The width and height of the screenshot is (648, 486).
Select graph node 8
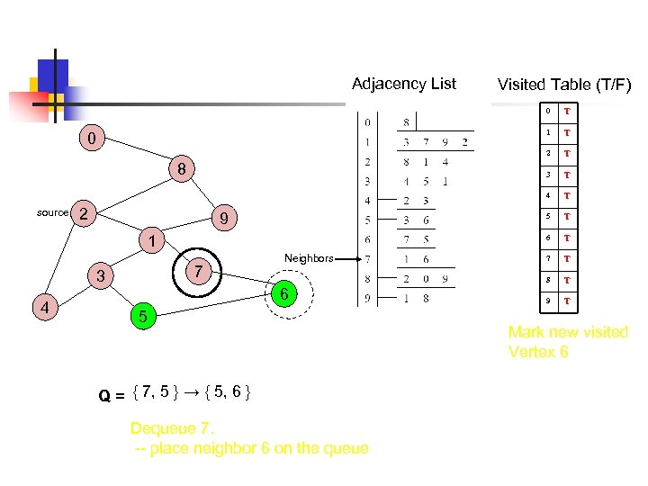click(181, 169)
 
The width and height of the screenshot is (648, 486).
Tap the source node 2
click(83, 213)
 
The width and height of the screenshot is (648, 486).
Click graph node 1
click(153, 241)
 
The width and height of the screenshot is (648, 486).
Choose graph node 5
click(141, 316)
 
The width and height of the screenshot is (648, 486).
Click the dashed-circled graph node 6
click(283, 295)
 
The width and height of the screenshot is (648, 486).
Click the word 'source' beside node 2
click(52, 212)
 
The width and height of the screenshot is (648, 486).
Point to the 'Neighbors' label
click(309, 258)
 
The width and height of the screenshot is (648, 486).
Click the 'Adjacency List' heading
click(404, 84)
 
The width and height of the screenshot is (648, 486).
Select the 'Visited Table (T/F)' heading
click(564, 85)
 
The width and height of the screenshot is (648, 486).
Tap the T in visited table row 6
click(567, 238)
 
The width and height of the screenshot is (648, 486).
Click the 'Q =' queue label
click(112, 393)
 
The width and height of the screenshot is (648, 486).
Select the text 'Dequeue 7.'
click(170, 427)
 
